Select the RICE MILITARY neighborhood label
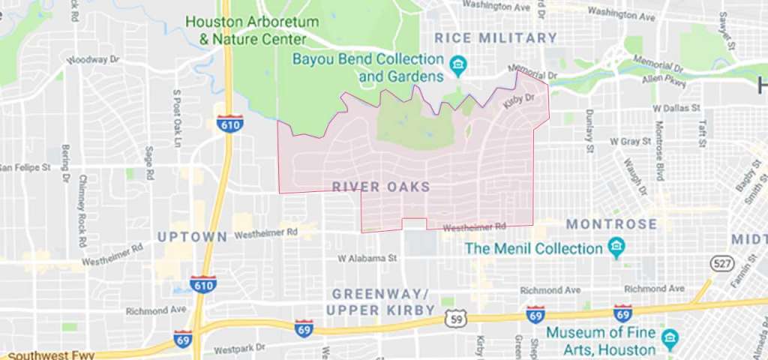[x=496, y=37]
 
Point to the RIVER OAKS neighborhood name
[x=380, y=186]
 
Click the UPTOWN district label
[x=193, y=237]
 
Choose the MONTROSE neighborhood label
[x=611, y=224]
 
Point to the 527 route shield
[x=721, y=263]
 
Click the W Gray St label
[x=628, y=141]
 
